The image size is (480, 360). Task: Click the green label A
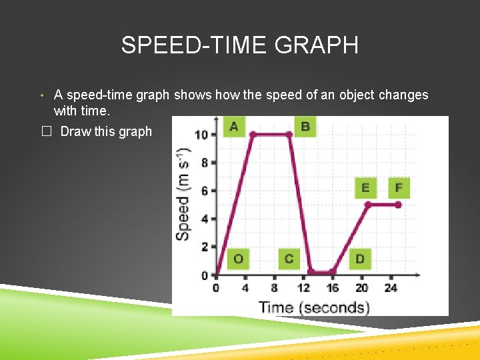pos(233,126)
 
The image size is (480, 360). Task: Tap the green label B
pos(305,126)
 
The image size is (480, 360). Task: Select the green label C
pos(289,259)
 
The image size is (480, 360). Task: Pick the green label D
pos(360,259)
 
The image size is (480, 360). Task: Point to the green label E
pos(365,188)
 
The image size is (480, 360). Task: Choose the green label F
pos(399,188)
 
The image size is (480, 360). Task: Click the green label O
pos(239,259)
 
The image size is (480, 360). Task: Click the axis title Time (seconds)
pos(313,307)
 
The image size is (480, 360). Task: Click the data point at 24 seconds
pos(399,205)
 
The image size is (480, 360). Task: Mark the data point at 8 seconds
pos(289,134)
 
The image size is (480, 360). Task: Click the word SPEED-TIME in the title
pos(185,45)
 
